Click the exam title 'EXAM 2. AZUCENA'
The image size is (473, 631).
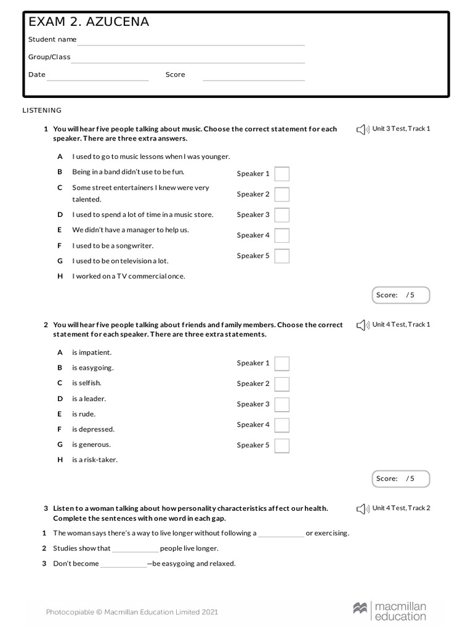(x=89, y=22)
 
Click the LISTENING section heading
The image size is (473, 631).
(x=42, y=110)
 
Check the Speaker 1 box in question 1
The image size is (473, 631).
(x=281, y=174)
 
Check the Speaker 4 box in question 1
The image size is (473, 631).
(x=281, y=235)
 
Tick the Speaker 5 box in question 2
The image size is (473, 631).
(x=281, y=446)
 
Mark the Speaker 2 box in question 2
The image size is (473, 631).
(x=281, y=384)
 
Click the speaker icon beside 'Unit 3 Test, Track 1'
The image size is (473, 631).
(x=362, y=129)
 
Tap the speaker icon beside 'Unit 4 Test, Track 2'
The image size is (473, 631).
(x=362, y=509)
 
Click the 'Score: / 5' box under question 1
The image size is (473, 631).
(x=401, y=295)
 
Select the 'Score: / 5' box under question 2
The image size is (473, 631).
(x=401, y=479)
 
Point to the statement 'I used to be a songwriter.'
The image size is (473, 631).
(x=113, y=245)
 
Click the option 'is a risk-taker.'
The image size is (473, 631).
(x=94, y=460)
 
